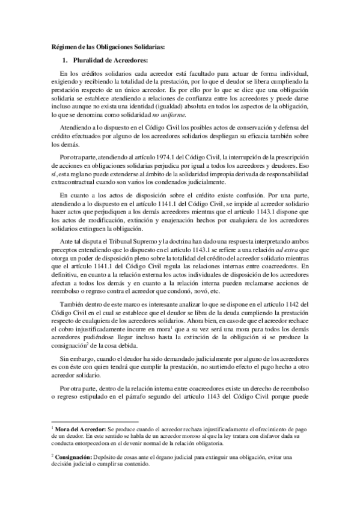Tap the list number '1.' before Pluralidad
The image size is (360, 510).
click(67, 60)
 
